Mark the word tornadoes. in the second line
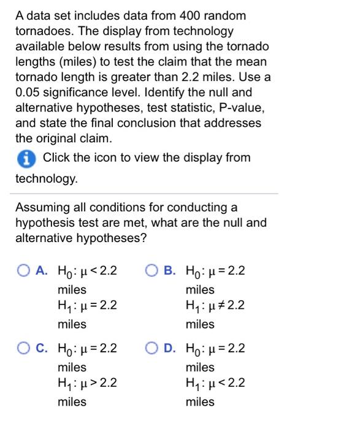(x=44, y=31)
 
